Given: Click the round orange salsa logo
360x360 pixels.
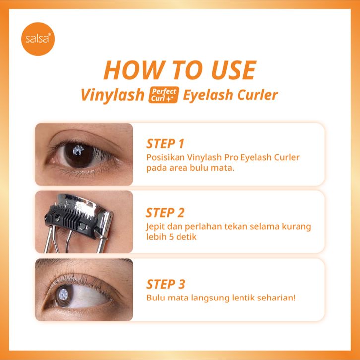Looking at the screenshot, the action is point(38,39).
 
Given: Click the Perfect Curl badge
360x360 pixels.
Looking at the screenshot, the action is point(164,95).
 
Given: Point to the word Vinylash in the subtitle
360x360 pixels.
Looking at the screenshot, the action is point(113,95).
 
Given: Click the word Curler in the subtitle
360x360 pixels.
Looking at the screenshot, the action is point(257,94).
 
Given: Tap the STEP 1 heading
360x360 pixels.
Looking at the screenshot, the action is point(165,144).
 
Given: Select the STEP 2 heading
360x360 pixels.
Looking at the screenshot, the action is point(165,213).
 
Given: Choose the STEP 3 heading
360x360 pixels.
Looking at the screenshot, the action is point(166,284).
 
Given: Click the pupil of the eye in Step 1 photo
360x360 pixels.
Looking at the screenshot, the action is point(78,153).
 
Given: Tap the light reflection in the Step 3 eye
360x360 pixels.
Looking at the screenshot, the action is point(63,294).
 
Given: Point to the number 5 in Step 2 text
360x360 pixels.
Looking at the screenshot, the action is point(171,237).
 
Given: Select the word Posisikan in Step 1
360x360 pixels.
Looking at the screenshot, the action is point(165,157).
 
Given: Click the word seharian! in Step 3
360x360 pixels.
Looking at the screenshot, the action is point(276,298).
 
